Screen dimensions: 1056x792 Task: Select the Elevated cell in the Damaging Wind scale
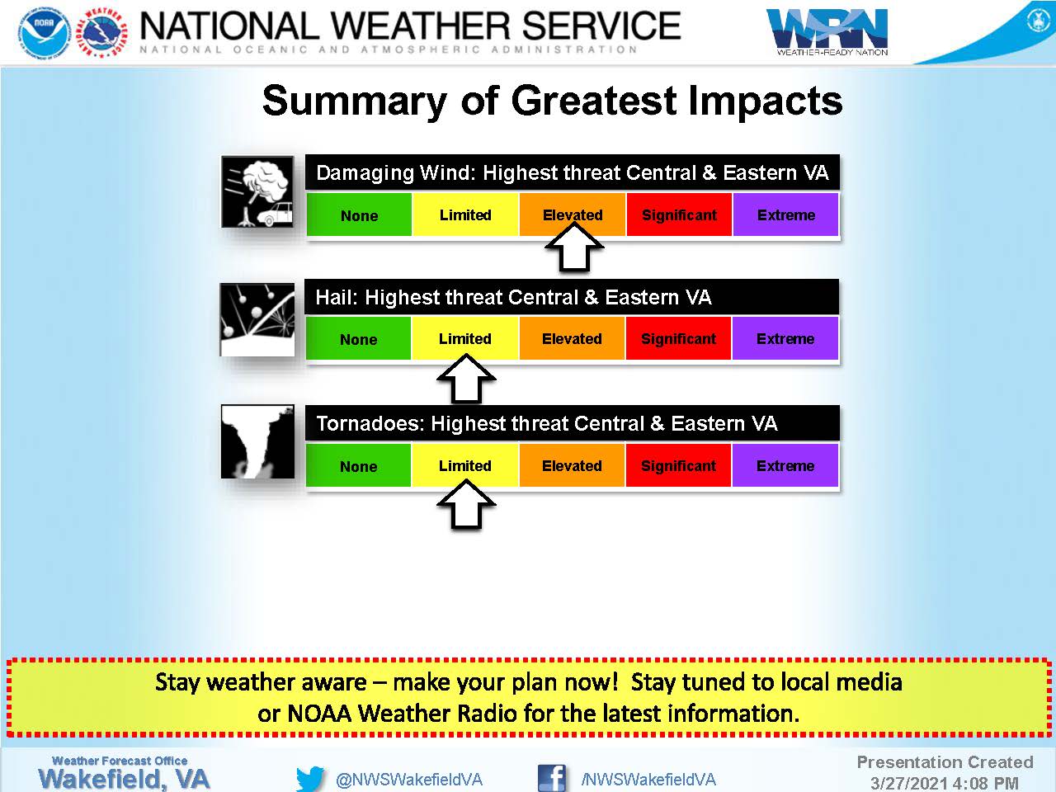(573, 214)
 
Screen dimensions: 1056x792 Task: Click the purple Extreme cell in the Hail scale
(785, 338)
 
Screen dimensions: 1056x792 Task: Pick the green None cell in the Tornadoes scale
(358, 465)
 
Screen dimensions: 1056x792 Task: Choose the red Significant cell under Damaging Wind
(679, 214)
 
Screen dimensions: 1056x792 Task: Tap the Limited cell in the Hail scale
(464, 338)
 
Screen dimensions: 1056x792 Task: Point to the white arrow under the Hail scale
(466, 379)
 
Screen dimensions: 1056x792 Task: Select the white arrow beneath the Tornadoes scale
(466, 505)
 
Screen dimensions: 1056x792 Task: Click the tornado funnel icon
(257, 441)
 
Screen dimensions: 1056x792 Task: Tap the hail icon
(257, 319)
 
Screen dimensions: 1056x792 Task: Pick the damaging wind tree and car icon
(257, 192)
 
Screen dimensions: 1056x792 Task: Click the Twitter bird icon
(310, 779)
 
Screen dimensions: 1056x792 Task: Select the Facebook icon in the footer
(551, 778)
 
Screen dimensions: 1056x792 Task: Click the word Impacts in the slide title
(765, 101)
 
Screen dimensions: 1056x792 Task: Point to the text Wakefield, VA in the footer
(124, 779)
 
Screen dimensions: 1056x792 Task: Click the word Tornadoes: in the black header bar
(370, 423)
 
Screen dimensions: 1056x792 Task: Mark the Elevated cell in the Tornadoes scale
(572, 465)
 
